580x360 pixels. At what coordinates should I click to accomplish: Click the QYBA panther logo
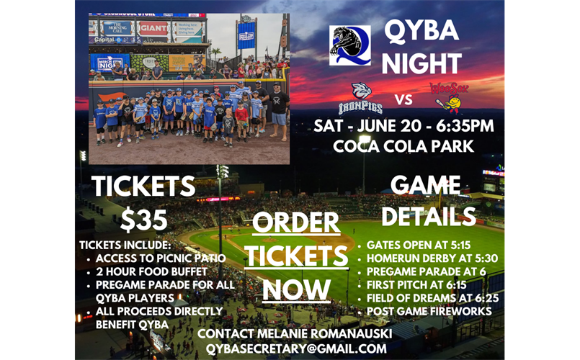pos(350,45)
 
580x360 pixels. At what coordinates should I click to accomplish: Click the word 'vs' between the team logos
pos(405,99)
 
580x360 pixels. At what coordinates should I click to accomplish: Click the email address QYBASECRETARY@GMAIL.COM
pos(296,348)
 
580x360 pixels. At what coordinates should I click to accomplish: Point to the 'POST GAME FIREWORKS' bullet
pos(429,311)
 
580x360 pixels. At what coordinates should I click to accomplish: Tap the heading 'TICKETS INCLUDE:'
pos(125,245)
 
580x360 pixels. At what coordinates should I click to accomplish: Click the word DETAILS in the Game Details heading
pos(429,216)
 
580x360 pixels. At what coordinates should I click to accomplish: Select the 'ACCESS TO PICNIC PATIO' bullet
pos(161,258)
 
